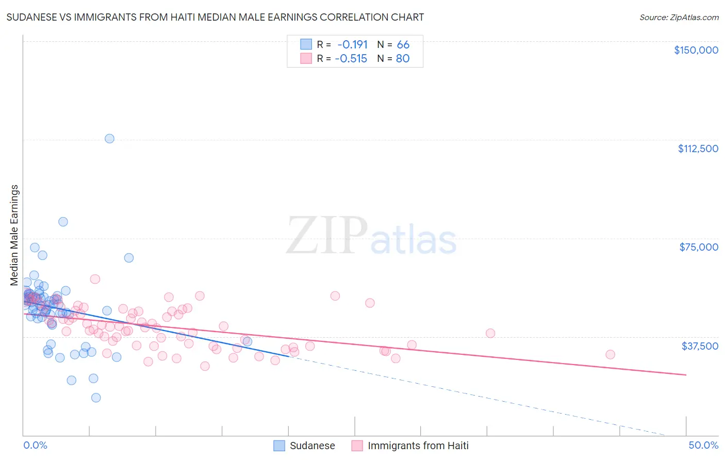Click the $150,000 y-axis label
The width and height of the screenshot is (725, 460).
click(x=696, y=50)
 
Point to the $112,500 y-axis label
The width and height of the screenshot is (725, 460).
click(x=698, y=149)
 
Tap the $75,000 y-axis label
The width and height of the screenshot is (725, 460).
click(x=699, y=247)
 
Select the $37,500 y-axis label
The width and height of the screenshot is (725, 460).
click(x=700, y=346)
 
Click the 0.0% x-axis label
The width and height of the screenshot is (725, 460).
click(x=35, y=445)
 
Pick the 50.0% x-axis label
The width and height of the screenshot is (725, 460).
click(x=703, y=445)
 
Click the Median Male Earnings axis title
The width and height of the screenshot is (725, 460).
click(x=14, y=235)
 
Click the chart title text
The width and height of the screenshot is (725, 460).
click(x=215, y=17)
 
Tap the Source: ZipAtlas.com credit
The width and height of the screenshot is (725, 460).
click(x=679, y=17)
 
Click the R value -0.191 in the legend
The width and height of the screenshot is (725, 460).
click(x=352, y=44)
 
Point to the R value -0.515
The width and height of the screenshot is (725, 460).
click(x=351, y=58)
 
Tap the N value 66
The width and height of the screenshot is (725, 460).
click(x=403, y=44)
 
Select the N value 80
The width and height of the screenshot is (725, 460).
click(x=402, y=58)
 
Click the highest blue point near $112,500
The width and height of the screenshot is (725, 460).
click(x=109, y=138)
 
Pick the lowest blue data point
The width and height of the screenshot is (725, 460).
click(x=96, y=398)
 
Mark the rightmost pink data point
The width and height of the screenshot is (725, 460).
click(x=610, y=354)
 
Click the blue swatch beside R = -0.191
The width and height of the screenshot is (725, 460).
click(x=306, y=44)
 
